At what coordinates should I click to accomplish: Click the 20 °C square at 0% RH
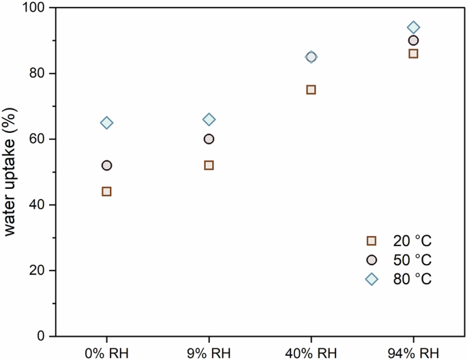106,192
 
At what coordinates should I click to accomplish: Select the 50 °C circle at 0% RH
106,165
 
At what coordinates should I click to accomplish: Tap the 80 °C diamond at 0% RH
106,123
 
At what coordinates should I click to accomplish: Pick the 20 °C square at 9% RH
209,165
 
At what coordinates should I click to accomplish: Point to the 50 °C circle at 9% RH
209,139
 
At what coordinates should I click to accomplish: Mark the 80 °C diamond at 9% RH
209,119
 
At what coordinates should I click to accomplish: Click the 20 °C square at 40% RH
311,89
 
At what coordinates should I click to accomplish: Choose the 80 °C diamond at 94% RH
413,27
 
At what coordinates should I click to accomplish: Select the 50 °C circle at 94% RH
413,40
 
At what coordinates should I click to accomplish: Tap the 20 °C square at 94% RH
413,53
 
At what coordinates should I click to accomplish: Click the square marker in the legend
372,241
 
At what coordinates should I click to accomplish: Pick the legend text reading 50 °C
412,260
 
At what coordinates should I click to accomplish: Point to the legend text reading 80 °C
412,279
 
